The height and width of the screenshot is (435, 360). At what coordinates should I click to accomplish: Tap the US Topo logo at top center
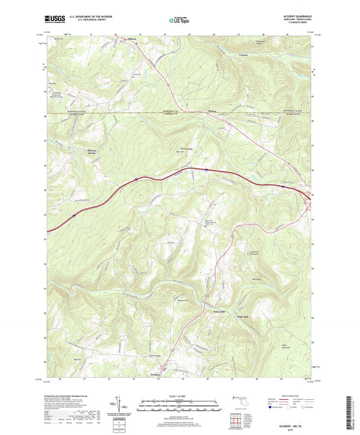click(176, 21)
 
